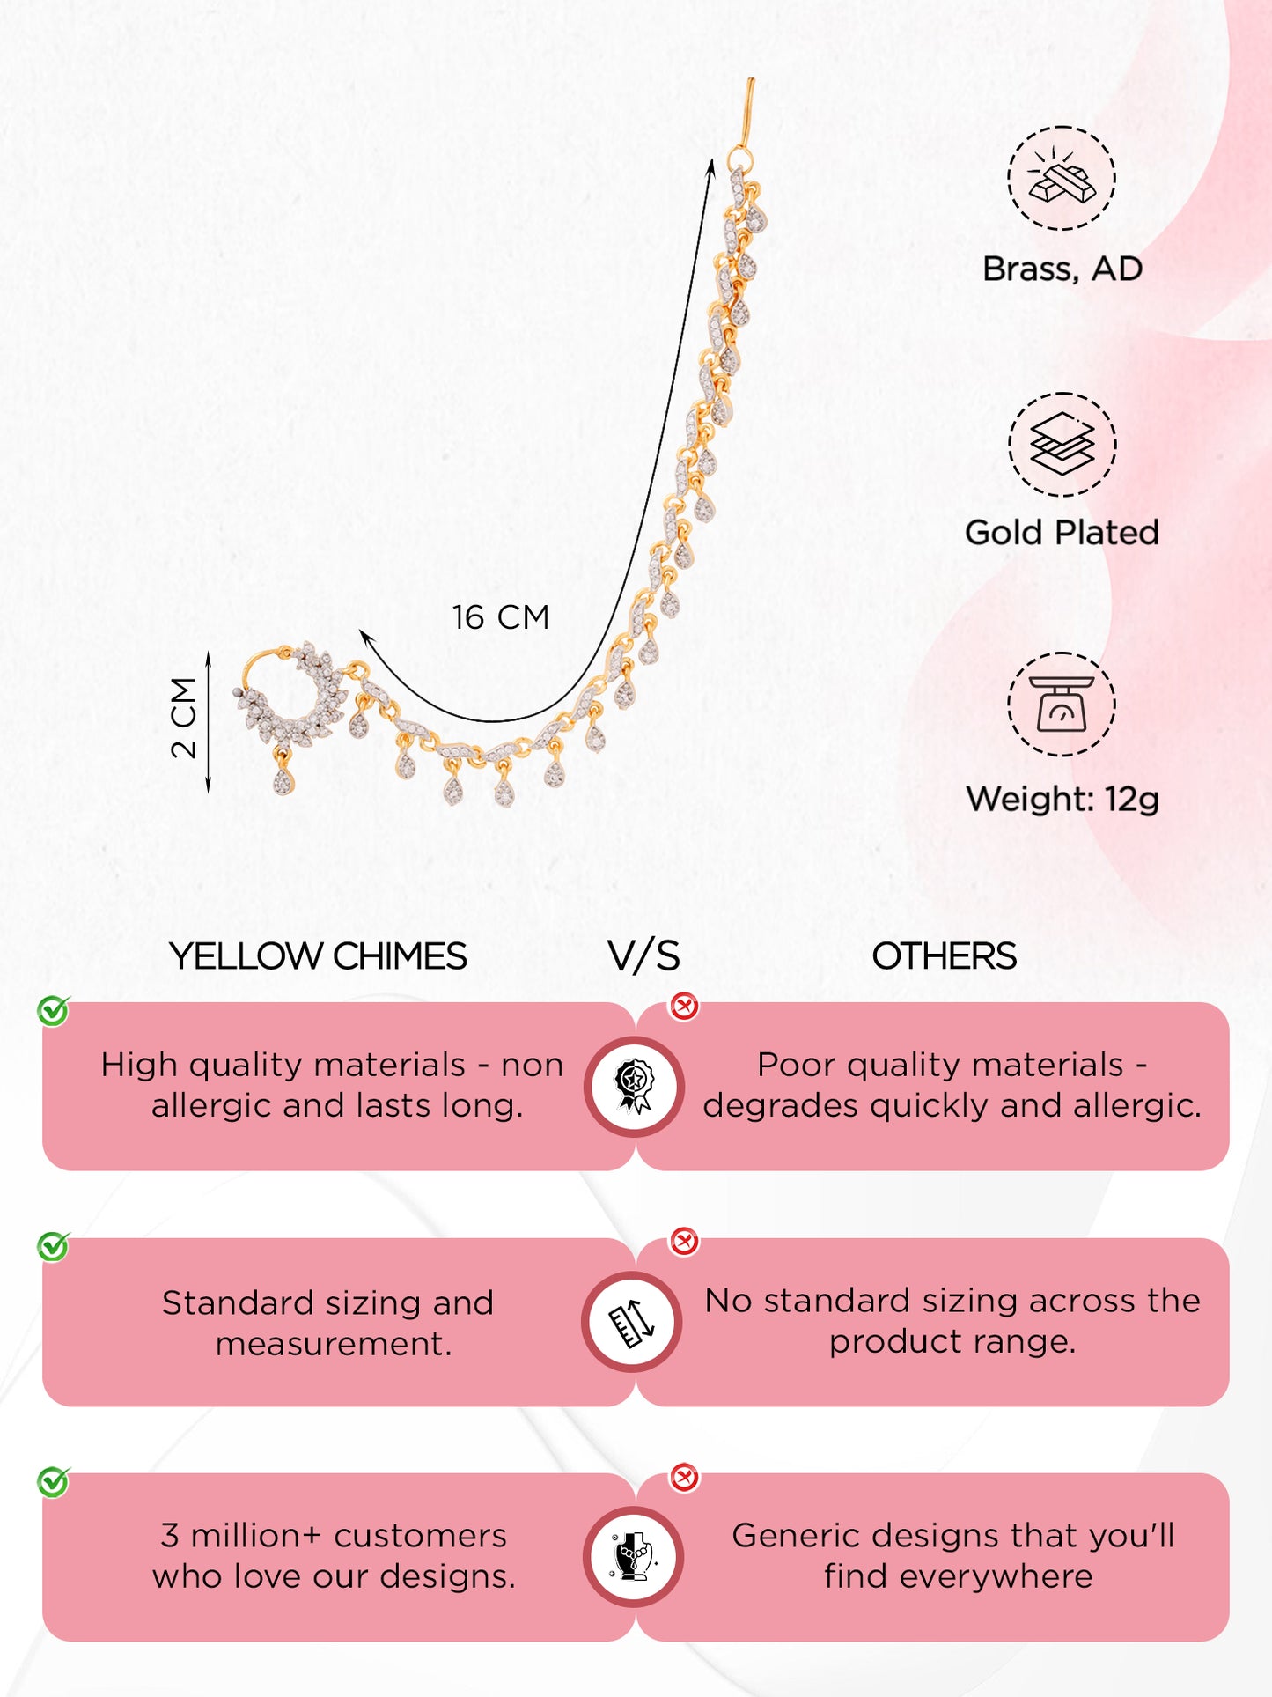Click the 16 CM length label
pyautogui.click(x=500, y=617)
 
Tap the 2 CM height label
pyautogui.click(x=184, y=718)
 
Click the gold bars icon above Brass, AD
pyautogui.click(x=1062, y=178)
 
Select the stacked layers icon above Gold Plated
pyautogui.click(x=1062, y=444)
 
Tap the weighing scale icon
pyautogui.click(x=1062, y=704)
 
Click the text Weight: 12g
pyautogui.click(x=1062, y=799)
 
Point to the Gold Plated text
pyautogui.click(x=1062, y=533)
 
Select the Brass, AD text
pyautogui.click(x=1062, y=269)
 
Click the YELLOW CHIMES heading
pyautogui.click(x=318, y=956)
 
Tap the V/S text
pyautogui.click(x=643, y=956)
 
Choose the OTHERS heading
pyautogui.click(x=944, y=956)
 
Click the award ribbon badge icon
pyautogui.click(x=634, y=1086)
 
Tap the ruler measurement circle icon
pyautogui.click(x=632, y=1322)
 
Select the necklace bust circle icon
pyautogui.click(x=633, y=1556)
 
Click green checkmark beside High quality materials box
pyautogui.click(x=54, y=1011)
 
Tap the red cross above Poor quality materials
pyautogui.click(x=684, y=1006)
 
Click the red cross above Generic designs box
pyautogui.click(x=684, y=1477)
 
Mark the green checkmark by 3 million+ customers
pyautogui.click(x=54, y=1482)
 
